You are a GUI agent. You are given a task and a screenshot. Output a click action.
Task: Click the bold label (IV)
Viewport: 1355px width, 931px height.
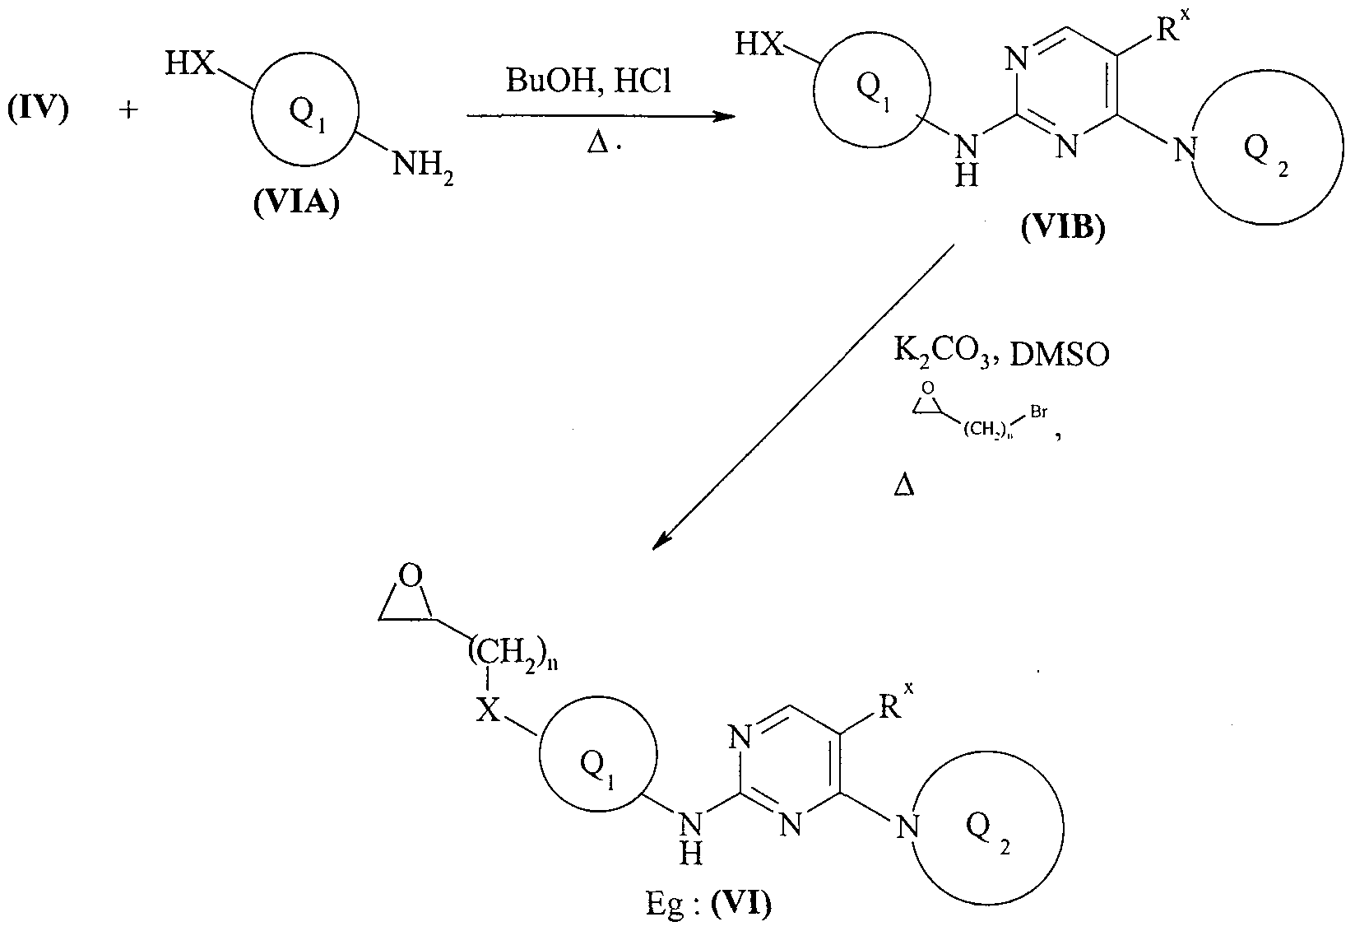click(38, 109)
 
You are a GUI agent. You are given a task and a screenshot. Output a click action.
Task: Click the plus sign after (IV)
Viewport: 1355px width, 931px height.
click(128, 109)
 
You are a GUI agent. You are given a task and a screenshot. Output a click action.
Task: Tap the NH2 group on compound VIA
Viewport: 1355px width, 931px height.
click(422, 167)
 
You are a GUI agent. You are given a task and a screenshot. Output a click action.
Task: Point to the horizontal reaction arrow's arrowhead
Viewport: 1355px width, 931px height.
click(724, 116)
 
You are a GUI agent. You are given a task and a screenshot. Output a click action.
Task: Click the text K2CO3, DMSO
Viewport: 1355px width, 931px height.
click(1001, 353)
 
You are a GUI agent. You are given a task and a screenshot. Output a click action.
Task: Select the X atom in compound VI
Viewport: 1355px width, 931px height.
click(489, 710)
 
